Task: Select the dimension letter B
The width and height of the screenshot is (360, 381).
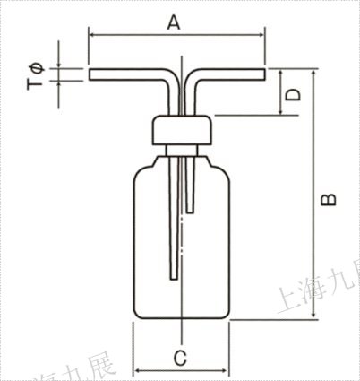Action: coord(329,198)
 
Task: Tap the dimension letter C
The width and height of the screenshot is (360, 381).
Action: coord(179,358)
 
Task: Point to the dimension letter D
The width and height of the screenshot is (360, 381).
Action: coord(293,92)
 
